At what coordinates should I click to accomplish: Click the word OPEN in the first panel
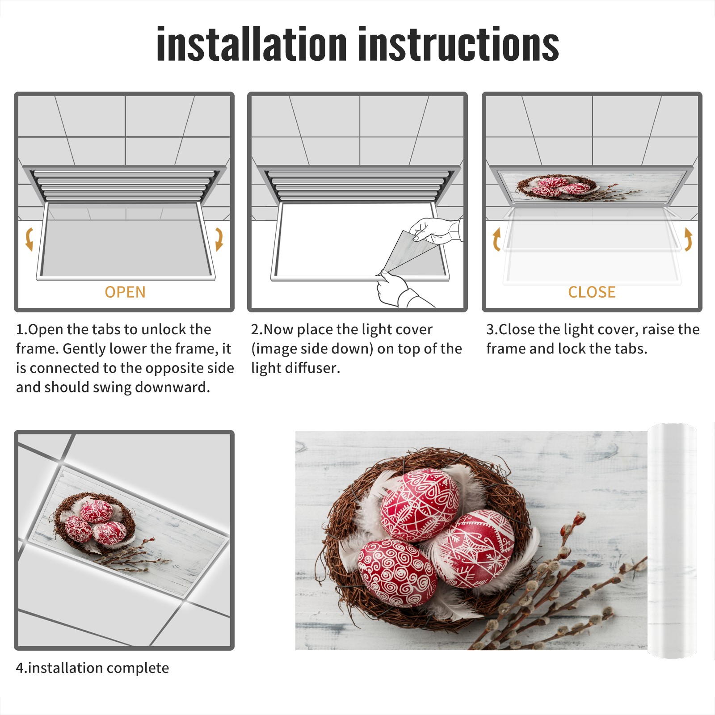point(125,292)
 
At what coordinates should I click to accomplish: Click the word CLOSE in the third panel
point(592,292)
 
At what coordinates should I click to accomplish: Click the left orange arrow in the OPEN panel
point(29,239)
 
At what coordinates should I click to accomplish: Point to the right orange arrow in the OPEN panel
point(219,239)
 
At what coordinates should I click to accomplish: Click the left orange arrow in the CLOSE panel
point(496,239)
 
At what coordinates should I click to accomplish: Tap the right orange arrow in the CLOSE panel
point(688,239)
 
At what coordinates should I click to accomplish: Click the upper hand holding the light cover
point(436,231)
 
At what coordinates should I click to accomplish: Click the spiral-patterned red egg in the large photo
point(397,572)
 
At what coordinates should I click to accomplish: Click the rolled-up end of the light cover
point(673,540)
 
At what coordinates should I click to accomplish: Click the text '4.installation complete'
point(93,668)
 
